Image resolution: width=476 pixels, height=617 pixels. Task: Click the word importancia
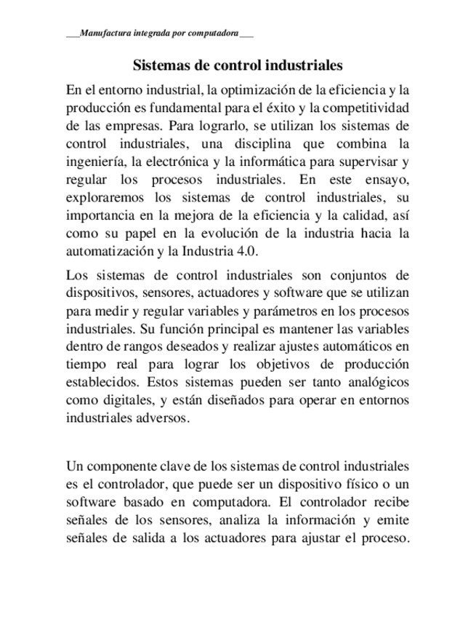pyautogui.click(x=101, y=215)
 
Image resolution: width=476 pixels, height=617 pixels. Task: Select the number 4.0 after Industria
pyautogui.click(x=246, y=251)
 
